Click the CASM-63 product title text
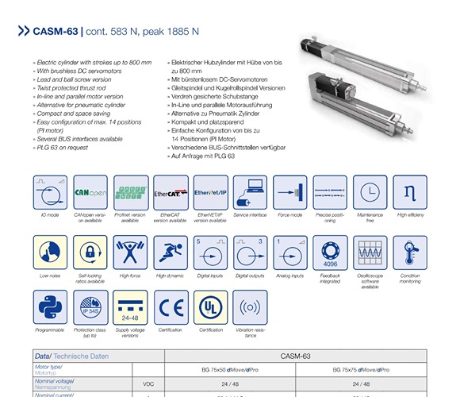pos(54,33)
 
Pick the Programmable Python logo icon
pos(50,307)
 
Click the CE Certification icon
pos(171,307)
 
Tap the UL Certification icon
pos(210,307)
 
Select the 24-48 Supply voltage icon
pos(130,307)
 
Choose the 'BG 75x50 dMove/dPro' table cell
pos(234,370)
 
